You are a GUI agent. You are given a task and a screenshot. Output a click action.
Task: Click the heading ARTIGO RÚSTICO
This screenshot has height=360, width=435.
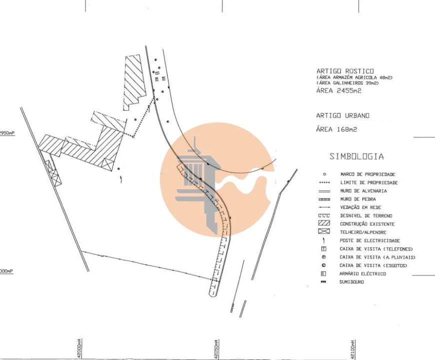345,71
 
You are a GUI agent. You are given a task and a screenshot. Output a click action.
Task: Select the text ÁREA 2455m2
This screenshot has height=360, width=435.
338,91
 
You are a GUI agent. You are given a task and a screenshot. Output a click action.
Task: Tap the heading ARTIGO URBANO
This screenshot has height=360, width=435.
342,115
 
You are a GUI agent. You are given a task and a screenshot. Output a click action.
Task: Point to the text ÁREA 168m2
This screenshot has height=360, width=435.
336,129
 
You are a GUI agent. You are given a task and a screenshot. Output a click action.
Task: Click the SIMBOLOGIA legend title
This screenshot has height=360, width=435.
356,156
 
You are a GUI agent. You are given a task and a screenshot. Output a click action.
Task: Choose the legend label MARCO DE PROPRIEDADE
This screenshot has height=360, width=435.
368,174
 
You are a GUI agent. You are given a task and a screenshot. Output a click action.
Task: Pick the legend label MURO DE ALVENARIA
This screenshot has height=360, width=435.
363,191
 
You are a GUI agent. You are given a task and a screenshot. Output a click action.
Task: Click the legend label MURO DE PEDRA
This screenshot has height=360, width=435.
358,199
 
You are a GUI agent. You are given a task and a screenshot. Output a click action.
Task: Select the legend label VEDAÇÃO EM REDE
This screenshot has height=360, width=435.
361,207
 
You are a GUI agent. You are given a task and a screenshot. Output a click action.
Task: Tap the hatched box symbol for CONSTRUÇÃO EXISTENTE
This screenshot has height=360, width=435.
324,223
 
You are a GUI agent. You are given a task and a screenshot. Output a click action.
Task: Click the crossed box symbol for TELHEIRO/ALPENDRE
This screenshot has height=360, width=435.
324,232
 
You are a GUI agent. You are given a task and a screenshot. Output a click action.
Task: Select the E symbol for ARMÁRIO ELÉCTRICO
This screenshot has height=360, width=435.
324,273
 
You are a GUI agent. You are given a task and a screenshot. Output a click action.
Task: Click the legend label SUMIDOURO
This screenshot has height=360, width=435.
352,282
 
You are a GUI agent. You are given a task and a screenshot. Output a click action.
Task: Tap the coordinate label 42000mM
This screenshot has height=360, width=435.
79,347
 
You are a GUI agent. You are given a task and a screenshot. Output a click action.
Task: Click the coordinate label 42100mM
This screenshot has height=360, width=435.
353,348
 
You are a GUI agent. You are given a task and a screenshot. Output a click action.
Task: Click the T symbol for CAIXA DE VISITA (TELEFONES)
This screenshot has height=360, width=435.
324,249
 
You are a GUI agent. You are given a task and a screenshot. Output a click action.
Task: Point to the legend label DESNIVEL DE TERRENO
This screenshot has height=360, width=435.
366,216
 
